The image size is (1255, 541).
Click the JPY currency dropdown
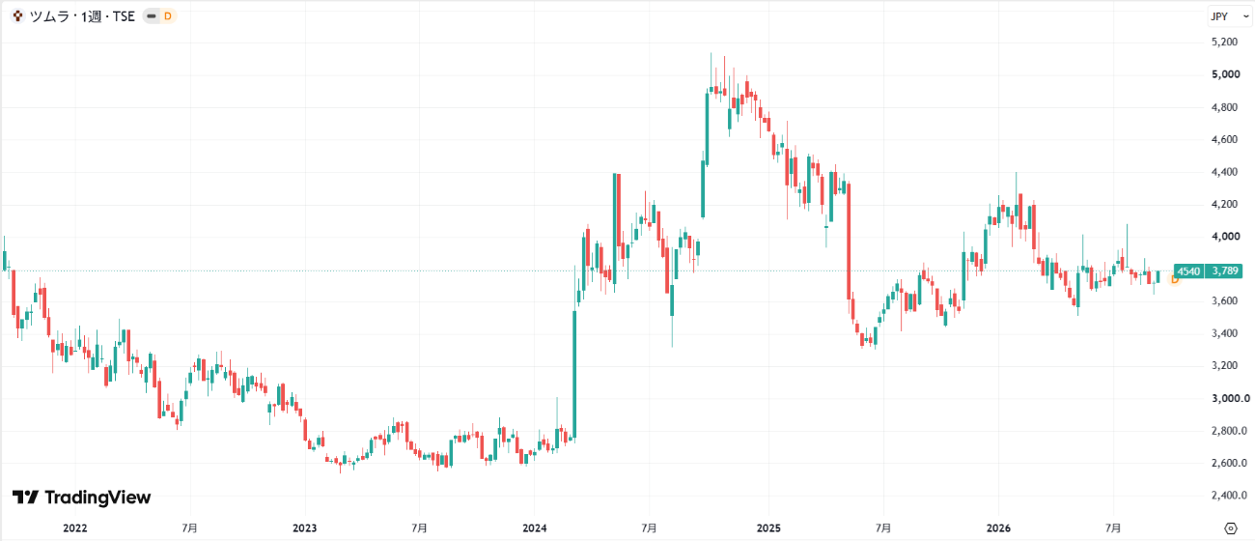click(1230, 16)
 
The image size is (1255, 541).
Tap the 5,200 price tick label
click(1224, 43)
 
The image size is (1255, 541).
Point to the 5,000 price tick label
click(1225, 74)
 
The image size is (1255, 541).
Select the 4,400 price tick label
click(1224, 172)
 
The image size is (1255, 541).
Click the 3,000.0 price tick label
click(1230, 398)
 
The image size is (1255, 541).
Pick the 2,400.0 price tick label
click(1229, 495)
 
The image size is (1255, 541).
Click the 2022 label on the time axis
click(75, 528)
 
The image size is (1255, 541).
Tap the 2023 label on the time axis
click(305, 528)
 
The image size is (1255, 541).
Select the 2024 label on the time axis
click(535, 528)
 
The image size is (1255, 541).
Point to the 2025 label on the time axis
click(768, 528)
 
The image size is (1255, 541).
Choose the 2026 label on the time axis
click(998, 528)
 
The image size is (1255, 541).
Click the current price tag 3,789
click(1225, 271)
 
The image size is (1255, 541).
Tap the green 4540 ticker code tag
click(1188, 271)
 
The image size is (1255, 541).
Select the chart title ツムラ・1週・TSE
click(82, 16)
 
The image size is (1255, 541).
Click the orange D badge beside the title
click(168, 16)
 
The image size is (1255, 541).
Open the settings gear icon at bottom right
click(1230, 528)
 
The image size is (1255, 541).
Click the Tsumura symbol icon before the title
click(18, 16)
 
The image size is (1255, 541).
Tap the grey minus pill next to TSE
click(152, 16)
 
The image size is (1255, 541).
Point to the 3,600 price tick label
click(1224, 301)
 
